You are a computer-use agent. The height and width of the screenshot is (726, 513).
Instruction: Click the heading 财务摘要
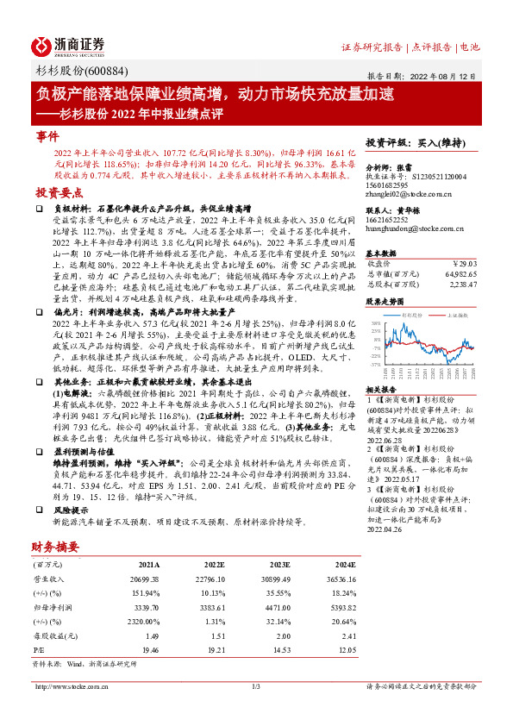point(57,546)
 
